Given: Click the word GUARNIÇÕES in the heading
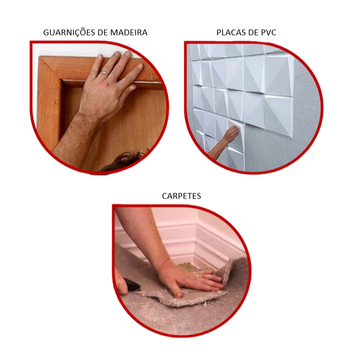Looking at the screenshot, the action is (x=69, y=32).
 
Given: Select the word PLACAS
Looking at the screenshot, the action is (x=231, y=32).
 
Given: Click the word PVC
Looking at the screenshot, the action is (x=268, y=32).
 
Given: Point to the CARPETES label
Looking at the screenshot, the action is (x=181, y=196).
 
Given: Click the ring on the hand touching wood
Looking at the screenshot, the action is (x=104, y=72).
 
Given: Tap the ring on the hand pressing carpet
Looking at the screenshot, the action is (x=199, y=275).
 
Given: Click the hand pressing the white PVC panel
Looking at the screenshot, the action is (x=231, y=133).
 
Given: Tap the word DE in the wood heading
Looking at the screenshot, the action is (x=103, y=32).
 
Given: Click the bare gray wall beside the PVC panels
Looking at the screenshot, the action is (x=305, y=110).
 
